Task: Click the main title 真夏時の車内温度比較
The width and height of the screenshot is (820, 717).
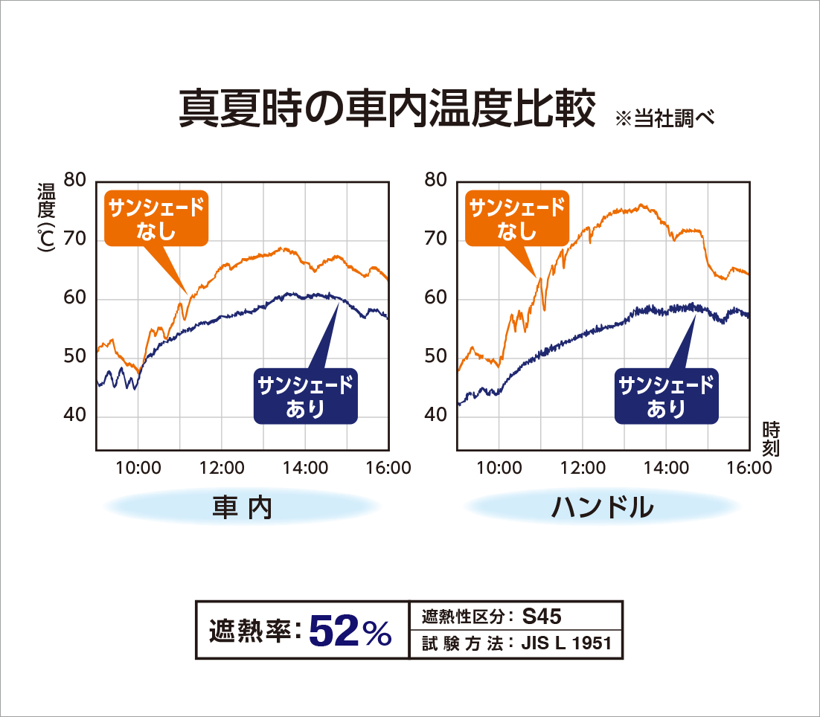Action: pos(387,109)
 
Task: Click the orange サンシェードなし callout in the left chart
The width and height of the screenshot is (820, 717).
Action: pos(156,219)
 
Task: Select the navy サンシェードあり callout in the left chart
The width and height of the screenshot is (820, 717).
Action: pos(305,396)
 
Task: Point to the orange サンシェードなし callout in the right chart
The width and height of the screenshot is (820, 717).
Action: pos(517,219)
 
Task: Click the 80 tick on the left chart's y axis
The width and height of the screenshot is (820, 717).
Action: pos(76,180)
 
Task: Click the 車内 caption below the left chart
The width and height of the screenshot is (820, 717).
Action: pos(243,507)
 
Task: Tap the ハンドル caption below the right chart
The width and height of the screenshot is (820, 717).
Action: pos(603,507)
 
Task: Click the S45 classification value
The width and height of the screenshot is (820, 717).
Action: pos(542,616)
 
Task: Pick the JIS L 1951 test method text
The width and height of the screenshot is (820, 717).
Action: pos(567,643)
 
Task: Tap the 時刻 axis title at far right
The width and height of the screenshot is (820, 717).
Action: pos(771,438)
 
